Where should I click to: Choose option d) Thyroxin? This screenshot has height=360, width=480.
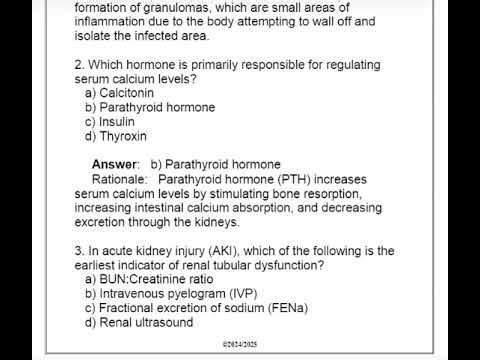point(119,136)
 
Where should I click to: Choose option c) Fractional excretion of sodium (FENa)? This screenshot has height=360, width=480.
point(196,308)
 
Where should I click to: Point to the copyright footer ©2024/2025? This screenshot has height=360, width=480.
point(239,345)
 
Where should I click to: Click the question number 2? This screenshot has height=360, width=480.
point(79,64)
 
